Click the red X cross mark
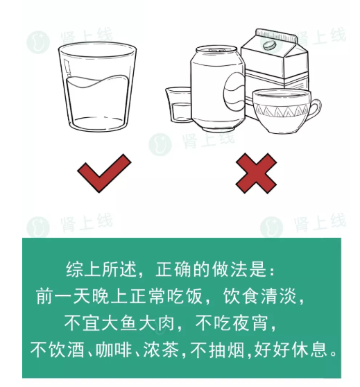(x=256, y=173)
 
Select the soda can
(x=217, y=88)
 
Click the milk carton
(x=275, y=62)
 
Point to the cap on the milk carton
(x=269, y=45)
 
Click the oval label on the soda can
(x=234, y=91)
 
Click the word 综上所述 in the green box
(x=101, y=269)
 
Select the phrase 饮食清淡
(x=259, y=296)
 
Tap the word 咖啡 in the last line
(x=113, y=350)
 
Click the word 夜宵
(x=250, y=322)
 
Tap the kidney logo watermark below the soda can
(x=160, y=144)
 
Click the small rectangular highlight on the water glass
(x=67, y=67)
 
